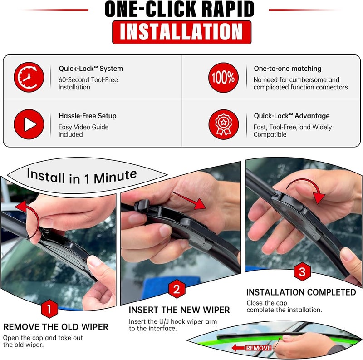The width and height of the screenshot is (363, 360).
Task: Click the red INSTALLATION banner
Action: coord(181,32)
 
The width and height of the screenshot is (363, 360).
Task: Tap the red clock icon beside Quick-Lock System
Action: coord(29,77)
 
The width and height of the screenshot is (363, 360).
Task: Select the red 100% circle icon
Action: coord(223,77)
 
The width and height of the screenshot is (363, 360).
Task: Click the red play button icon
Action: coord(29,124)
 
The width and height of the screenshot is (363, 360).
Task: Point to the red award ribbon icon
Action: coord(223,124)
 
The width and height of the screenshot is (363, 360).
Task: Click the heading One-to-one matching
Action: coord(287,69)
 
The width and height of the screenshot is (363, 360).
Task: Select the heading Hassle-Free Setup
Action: coord(88,116)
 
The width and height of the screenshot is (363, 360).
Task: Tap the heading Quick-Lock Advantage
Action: coord(292,116)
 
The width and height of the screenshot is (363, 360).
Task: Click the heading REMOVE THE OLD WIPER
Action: coord(56,327)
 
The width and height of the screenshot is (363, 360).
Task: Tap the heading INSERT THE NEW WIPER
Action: coord(179,310)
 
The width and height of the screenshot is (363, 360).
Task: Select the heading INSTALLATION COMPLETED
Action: coord(301,292)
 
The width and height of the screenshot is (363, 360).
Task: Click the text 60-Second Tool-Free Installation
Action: coord(88,83)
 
